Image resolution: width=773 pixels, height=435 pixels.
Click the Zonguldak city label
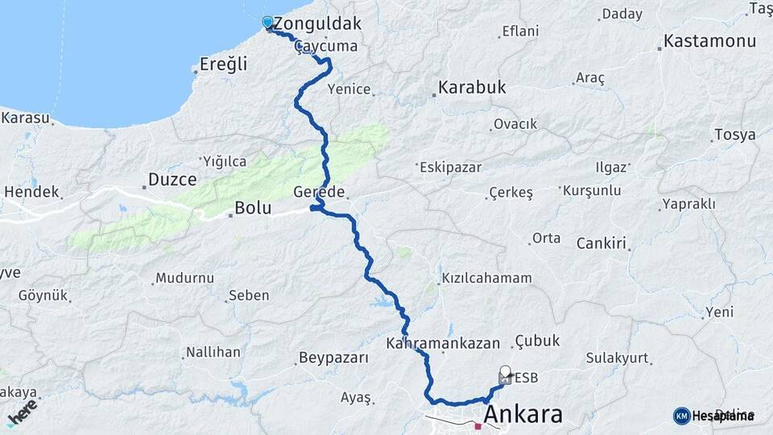coord(317,23)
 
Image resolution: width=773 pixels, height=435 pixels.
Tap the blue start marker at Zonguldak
coord(268,23)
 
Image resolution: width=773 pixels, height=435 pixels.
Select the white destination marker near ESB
coord(505,374)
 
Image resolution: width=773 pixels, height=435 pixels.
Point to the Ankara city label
coord(523,415)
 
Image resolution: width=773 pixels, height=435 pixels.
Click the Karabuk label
coord(472,87)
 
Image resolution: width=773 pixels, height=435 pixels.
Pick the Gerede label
coord(320,193)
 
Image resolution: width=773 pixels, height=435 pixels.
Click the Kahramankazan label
coord(454,342)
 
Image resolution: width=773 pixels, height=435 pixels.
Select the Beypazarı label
coord(333,357)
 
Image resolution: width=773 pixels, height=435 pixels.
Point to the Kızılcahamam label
coord(486,279)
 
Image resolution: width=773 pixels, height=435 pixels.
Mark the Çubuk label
coord(537,341)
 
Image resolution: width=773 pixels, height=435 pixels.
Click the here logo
coord(23,411)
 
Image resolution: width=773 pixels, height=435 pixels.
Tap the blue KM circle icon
coord(681,416)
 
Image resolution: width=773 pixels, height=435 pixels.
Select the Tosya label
coord(734,135)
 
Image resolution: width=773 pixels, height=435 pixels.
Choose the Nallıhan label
coord(213,352)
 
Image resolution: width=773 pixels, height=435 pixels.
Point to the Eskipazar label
coord(450,167)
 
